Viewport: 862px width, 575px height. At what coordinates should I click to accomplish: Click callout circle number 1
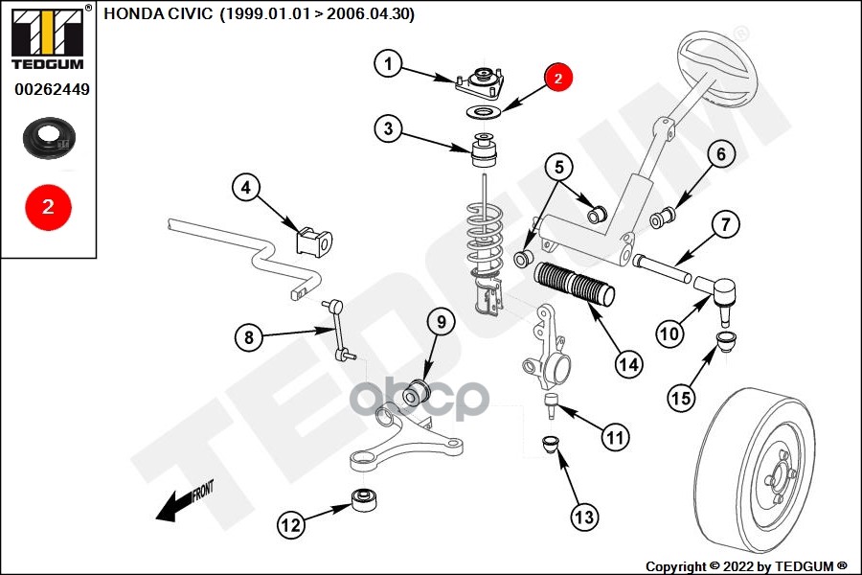[x=389, y=65]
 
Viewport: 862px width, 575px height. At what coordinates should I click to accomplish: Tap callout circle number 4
[x=247, y=189]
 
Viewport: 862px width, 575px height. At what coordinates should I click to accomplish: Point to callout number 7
[x=725, y=225]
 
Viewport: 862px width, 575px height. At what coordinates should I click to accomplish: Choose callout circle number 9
[x=441, y=322]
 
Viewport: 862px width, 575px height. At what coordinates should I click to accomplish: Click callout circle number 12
[x=292, y=524]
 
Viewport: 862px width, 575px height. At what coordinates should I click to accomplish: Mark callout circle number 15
[x=680, y=397]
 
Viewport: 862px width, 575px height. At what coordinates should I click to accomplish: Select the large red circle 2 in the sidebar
[x=48, y=205]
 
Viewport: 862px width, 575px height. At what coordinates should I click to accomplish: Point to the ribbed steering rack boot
[x=575, y=285]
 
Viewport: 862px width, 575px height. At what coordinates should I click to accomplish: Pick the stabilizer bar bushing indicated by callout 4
[x=316, y=241]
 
